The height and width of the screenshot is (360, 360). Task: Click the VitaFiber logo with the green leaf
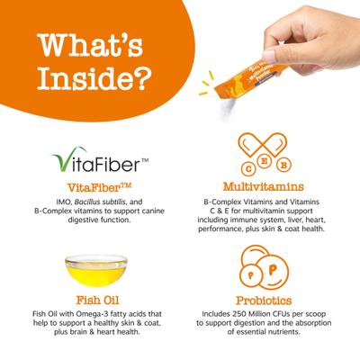click(x=101, y=160)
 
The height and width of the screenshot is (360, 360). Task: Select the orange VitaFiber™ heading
click(x=99, y=188)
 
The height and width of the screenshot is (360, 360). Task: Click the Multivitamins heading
click(x=264, y=186)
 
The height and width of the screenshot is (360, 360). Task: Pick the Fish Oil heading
click(x=97, y=300)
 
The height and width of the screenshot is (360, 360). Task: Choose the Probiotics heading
click(x=264, y=301)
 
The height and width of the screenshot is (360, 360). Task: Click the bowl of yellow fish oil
click(x=96, y=270)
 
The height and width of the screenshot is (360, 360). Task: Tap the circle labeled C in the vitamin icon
click(x=248, y=168)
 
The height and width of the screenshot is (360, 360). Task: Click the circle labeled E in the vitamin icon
click(x=265, y=162)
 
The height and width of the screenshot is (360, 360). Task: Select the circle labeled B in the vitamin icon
click(x=283, y=165)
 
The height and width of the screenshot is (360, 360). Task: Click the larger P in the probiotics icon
click(x=272, y=271)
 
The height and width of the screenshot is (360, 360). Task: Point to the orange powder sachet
click(x=249, y=79)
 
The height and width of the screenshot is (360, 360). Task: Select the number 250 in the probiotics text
click(x=239, y=314)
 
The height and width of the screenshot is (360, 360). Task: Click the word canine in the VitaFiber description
click(x=151, y=211)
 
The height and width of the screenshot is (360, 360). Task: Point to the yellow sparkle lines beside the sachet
click(x=207, y=83)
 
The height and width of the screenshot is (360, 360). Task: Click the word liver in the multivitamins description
click(x=294, y=220)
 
